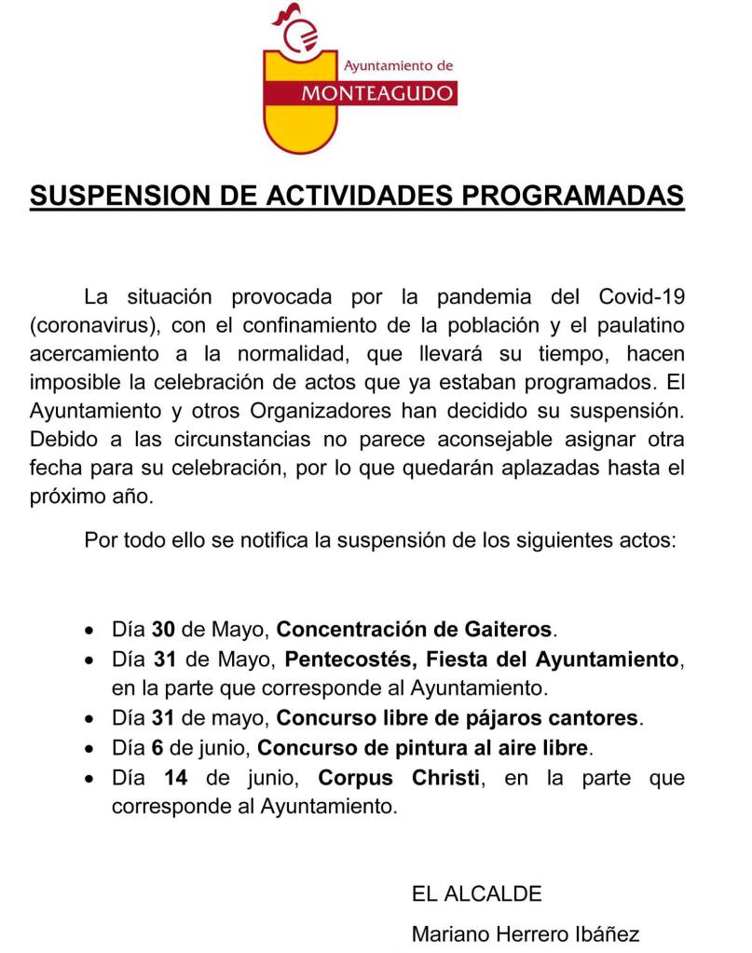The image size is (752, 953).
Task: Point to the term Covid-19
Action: [637, 298]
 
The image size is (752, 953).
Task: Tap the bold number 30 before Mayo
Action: [164, 629]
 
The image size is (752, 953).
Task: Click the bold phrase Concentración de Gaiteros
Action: [416, 629]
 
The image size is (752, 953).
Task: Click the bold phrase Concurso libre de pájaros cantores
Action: [459, 718]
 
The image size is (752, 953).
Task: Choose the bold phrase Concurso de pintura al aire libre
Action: [424, 747]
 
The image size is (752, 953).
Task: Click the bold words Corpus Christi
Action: [400, 777]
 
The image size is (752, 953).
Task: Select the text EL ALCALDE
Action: [476, 894]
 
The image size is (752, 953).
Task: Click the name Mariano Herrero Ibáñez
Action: [526, 934]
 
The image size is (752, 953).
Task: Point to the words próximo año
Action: [91, 497]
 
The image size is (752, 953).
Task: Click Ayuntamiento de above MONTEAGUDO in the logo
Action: [398, 66]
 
